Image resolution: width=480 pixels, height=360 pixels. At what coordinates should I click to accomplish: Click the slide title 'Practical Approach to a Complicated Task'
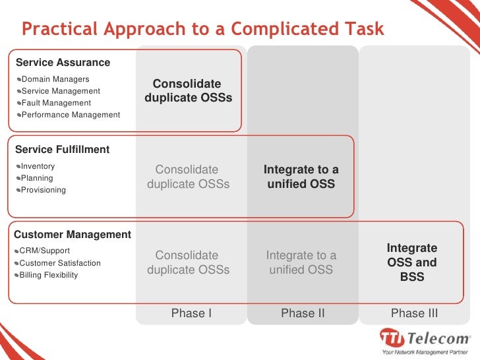(x=202, y=29)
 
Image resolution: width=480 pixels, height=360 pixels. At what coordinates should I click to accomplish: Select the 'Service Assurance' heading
(x=63, y=63)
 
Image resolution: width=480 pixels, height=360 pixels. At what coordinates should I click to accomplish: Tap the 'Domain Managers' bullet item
(x=55, y=79)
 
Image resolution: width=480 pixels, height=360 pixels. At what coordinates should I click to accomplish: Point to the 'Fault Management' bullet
(x=56, y=103)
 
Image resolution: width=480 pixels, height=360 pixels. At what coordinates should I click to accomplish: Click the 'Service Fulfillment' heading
(x=62, y=150)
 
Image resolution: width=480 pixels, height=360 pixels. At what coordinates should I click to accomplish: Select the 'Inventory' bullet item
(x=38, y=166)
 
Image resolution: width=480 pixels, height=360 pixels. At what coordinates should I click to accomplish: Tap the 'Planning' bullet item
(x=37, y=178)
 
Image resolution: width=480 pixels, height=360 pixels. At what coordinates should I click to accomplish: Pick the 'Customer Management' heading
(x=73, y=235)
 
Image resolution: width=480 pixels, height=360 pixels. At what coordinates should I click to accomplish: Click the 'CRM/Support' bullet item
(x=44, y=251)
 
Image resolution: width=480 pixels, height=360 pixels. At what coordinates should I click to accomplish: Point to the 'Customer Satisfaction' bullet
(x=60, y=263)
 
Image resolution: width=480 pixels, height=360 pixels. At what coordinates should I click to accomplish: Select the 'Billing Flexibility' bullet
(x=49, y=275)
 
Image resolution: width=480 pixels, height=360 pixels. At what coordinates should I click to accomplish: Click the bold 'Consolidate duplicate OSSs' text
(x=188, y=91)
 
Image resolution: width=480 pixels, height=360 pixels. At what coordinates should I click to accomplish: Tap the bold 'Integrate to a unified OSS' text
(x=301, y=177)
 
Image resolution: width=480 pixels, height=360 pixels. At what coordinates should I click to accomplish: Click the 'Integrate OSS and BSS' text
(x=412, y=262)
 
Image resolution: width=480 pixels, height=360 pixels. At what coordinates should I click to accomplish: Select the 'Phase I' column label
(x=191, y=313)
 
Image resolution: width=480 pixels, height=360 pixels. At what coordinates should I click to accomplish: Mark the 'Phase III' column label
(x=414, y=313)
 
